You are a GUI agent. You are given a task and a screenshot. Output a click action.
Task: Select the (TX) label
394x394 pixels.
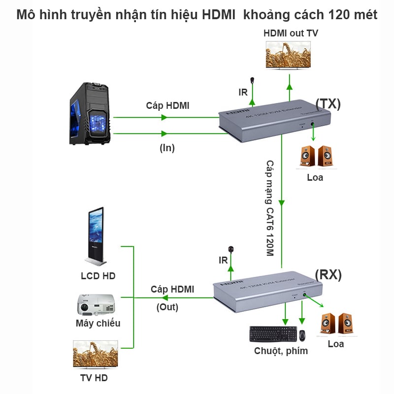coord(328,103)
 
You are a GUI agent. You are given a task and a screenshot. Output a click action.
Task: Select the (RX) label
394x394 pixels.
coord(328,275)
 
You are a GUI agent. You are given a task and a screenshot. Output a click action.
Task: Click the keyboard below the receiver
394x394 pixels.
coord(273,334)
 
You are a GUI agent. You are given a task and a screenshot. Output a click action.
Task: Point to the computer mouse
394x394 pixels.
coord(302,335)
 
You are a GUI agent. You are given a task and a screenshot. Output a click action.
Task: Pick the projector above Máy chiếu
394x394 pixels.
coord(96,305)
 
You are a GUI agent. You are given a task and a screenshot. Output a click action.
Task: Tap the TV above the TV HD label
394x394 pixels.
coord(96,355)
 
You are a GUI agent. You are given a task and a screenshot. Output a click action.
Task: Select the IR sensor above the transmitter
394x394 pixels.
coord(253,81)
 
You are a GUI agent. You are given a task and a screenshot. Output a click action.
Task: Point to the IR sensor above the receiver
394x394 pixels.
coord(230,250)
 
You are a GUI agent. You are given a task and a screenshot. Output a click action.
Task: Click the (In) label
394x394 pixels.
coord(167,148)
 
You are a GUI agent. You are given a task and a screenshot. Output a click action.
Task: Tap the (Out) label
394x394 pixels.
coord(167,307)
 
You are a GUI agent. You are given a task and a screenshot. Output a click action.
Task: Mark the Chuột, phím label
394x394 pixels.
coord(281,351)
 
